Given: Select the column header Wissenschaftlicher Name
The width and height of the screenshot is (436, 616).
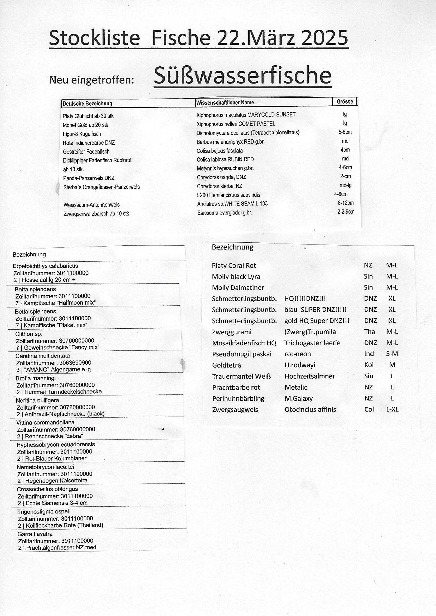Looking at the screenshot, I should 225,102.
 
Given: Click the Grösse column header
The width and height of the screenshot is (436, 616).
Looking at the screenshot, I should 345,101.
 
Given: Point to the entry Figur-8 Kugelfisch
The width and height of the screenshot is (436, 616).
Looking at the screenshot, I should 82,134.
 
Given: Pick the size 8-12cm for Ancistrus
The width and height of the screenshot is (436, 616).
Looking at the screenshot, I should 346,203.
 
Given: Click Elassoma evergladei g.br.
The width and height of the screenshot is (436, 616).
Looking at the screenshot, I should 224,213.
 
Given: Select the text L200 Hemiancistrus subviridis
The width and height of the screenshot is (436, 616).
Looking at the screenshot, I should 229,195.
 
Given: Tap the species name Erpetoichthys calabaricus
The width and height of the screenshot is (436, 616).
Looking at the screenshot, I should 45,266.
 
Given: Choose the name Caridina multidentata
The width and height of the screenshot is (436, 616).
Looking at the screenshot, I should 42,356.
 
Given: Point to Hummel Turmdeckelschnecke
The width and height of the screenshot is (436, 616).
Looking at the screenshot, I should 63,392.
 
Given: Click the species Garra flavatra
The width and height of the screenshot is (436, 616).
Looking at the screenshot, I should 35,534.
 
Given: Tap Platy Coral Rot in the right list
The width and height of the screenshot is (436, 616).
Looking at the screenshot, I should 234,266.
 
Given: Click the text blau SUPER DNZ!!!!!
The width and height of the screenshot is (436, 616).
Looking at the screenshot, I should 316,310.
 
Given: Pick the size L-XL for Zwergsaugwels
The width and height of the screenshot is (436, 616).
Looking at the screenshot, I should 392,409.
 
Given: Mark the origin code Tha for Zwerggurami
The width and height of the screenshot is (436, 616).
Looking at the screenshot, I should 369,332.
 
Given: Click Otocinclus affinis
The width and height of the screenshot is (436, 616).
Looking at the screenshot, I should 310,409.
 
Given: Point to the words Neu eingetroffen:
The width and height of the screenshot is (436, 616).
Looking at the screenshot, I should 91,80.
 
